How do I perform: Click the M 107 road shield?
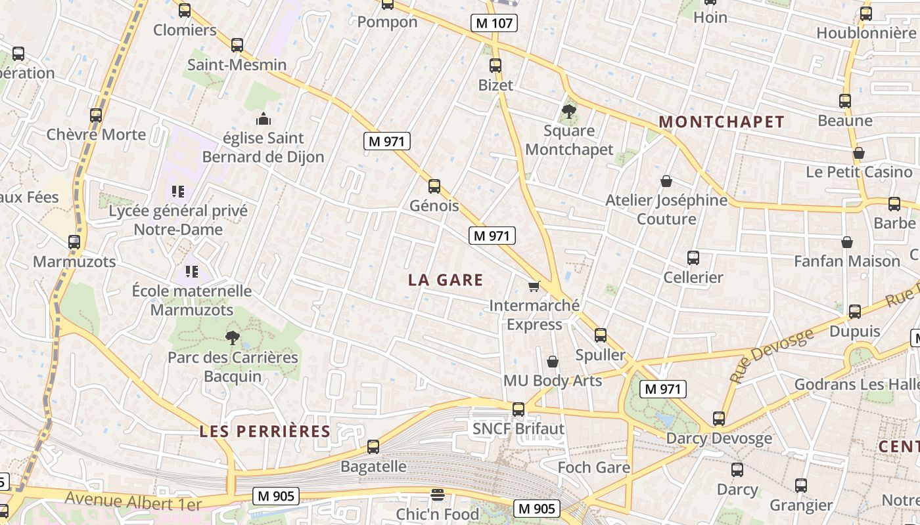(x=494, y=23)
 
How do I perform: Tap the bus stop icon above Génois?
(x=434, y=186)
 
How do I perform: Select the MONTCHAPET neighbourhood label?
(x=722, y=122)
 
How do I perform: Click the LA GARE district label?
(x=446, y=280)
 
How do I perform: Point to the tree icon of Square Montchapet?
(x=569, y=111)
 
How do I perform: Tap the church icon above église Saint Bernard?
(x=263, y=119)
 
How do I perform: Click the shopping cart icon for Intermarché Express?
(x=534, y=286)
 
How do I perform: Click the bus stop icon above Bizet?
(x=495, y=66)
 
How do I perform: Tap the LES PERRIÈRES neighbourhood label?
(x=265, y=431)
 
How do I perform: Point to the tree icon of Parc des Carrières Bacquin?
(x=232, y=338)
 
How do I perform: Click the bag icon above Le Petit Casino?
(x=858, y=153)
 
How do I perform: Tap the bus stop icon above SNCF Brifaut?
(x=518, y=409)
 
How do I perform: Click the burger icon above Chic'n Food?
(x=438, y=495)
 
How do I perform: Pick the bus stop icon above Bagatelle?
(x=373, y=447)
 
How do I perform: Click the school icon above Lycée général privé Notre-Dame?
(x=177, y=192)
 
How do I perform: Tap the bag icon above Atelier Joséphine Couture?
(x=666, y=180)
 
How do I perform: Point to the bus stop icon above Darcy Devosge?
(x=719, y=419)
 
